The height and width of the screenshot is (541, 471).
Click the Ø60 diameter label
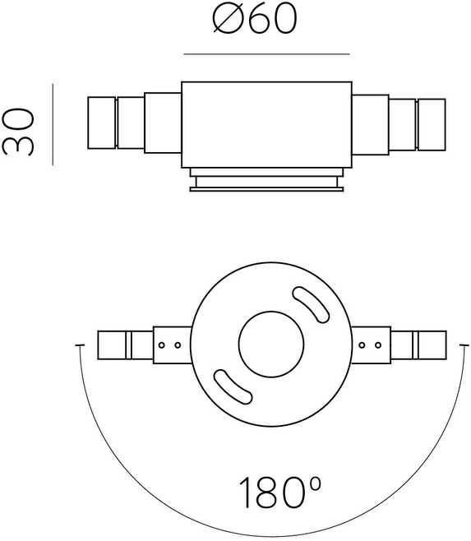(254, 19)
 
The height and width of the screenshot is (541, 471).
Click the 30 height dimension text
(18, 132)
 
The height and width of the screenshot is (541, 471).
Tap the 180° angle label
(279, 492)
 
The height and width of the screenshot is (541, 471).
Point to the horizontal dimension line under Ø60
(266, 54)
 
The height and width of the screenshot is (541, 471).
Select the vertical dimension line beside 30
(53, 124)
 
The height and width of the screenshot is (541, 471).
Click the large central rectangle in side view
(266, 125)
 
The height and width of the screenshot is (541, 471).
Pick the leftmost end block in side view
(101, 123)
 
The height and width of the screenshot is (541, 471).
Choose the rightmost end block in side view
(432, 125)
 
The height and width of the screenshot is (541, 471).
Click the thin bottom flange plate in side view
(266, 189)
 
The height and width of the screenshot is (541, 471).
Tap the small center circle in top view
(271, 344)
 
